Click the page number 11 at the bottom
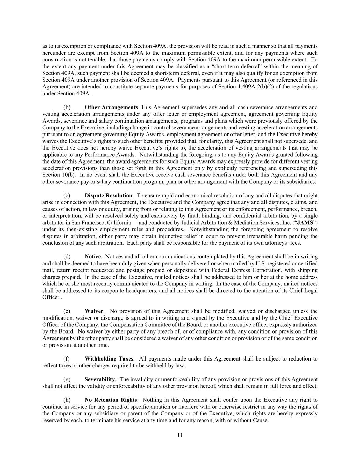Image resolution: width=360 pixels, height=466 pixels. click(180, 435)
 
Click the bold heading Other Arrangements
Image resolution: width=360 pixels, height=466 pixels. click(111, 107)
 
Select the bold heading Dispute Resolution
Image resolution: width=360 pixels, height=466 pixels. click(108, 196)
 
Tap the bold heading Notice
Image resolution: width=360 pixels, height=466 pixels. click(92, 257)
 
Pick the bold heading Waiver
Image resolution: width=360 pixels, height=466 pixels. click(94, 311)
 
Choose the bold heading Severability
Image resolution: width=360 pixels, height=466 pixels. click(100, 379)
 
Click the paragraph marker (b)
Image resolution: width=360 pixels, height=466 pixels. click(67, 107)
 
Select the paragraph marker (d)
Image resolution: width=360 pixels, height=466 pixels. click(67, 257)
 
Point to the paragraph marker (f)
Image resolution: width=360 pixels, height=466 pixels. click(67, 359)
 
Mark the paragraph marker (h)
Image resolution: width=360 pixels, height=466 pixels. click(67, 400)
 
